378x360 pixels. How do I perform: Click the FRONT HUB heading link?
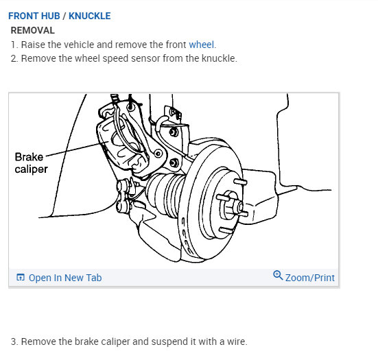coord(34,16)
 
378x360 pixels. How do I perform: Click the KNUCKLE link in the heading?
coord(90,16)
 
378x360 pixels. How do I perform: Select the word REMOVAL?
coord(33,30)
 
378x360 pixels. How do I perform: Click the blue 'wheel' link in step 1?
coord(201,45)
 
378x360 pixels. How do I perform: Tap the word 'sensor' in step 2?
coord(145,58)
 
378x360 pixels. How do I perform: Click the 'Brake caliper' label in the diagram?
coord(31,163)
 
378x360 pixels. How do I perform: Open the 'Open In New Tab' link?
coord(65,278)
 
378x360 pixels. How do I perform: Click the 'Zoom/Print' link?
coord(310,278)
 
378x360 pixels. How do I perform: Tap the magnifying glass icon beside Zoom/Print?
coord(278,275)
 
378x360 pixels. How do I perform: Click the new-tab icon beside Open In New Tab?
coord(21,277)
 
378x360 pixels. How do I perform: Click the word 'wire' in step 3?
coord(236,341)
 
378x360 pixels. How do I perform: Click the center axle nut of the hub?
coord(240,207)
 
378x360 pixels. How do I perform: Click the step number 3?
coord(14,341)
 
